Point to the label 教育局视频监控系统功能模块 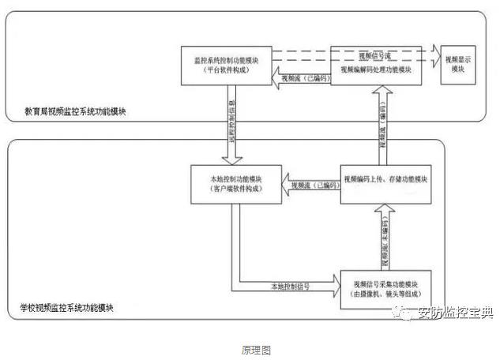click(76, 113)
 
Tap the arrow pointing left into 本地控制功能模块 click(312, 185)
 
